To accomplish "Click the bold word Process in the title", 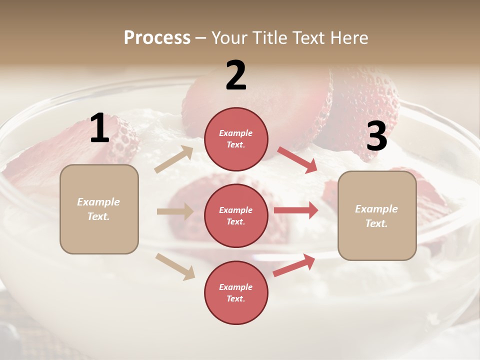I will click(157, 38).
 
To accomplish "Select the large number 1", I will click(99, 128).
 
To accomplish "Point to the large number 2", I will click(236, 75).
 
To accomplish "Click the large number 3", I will click(376, 136).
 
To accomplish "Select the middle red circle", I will click(236, 215).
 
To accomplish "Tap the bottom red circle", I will click(236, 292).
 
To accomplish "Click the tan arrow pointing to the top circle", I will click(174, 159).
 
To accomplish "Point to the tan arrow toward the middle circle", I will click(175, 211).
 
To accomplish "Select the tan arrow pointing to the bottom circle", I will click(175, 266).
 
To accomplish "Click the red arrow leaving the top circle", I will click(297, 160).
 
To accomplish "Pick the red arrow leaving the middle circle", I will click(295, 210).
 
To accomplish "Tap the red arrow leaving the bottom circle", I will click(294, 265).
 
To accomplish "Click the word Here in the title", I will click(349, 38).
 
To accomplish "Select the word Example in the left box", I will click(98, 202).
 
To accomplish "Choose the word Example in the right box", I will click(376, 209).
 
